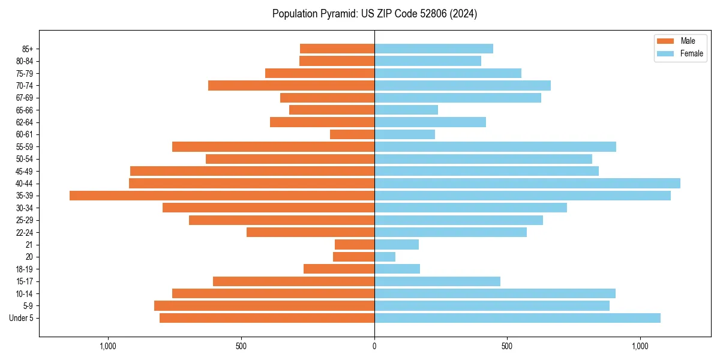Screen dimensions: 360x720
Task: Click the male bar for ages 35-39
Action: point(222,196)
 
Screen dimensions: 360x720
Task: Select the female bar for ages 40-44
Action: point(527,183)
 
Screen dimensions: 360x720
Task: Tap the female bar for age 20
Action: point(385,257)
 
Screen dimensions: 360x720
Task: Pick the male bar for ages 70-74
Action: point(291,86)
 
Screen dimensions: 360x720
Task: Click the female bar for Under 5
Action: point(517,318)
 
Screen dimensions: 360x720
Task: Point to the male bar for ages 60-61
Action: point(352,134)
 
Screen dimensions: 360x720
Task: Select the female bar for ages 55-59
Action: point(495,147)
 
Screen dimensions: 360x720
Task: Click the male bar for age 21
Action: point(355,245)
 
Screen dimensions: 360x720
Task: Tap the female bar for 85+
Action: point(434,49)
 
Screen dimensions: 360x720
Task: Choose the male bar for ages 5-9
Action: point(264,306)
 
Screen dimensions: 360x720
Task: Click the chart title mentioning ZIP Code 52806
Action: point(374,14)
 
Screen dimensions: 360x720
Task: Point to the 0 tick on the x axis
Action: point(374,346)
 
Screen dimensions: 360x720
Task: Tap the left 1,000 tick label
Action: point(108,346)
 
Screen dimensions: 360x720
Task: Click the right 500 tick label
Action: point(507,346)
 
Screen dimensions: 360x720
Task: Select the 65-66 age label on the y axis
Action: point(24,110)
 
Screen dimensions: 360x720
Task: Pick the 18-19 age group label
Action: point(24,269)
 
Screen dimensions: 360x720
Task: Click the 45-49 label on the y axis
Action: point(24,172)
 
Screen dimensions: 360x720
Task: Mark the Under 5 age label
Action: point(22,318)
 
